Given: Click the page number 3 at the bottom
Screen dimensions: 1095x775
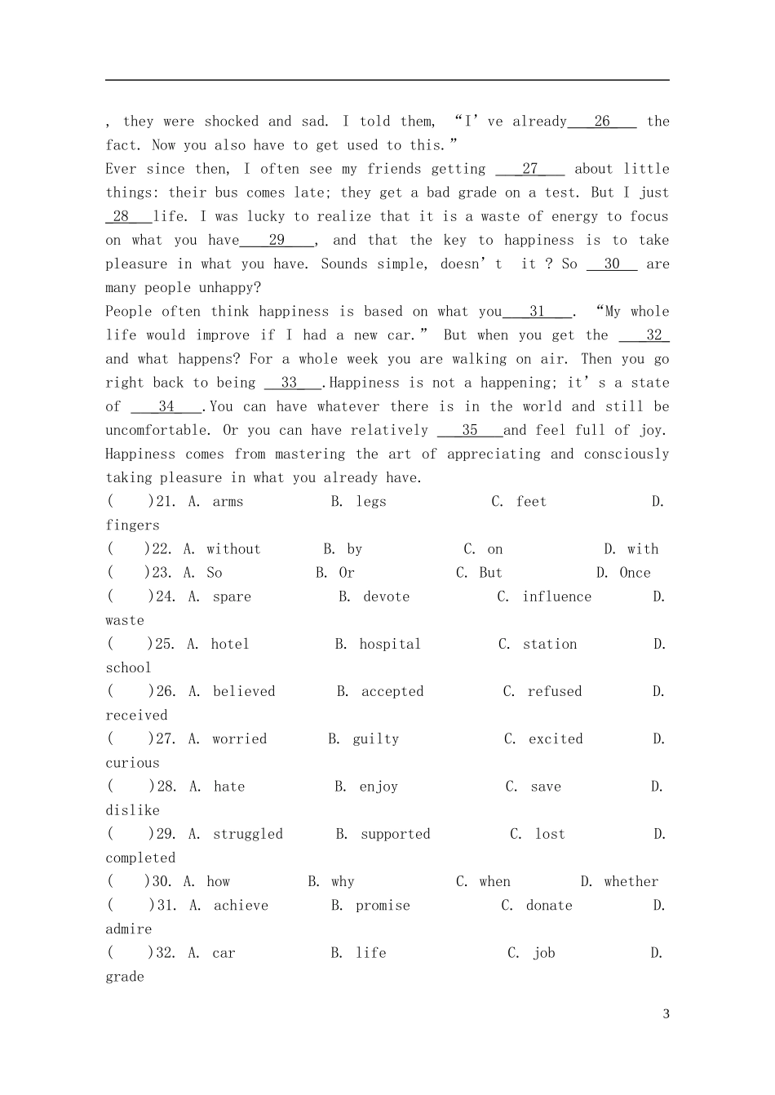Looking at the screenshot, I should [666, 1014].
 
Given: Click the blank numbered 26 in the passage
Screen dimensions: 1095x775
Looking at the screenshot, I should [602, 122].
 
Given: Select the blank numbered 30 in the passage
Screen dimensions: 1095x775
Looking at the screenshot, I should [612, 264].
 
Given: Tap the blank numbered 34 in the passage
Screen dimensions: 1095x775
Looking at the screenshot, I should [166, 406].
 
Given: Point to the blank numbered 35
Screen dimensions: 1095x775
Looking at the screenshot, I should [470, 430].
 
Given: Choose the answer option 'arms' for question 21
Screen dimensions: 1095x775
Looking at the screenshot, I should [228, 502].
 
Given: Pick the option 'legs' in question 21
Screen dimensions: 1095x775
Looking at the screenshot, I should [371, 502].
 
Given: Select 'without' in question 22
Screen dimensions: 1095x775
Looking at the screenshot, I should [233, 549].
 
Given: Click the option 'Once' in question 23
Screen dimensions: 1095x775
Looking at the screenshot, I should [635, 573].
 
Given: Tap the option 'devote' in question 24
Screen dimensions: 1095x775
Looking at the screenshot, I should [387, 596].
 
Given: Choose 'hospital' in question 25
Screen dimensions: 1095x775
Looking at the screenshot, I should [390, 644].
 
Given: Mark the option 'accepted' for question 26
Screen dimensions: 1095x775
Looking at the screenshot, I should [392, 691].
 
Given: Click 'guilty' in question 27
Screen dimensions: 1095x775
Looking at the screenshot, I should [376, 739].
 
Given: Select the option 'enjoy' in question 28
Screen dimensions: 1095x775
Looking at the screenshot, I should [379, 787].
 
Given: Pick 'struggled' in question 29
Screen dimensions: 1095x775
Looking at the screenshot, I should [248, 834].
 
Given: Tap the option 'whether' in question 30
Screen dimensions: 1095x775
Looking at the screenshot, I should [631, 881].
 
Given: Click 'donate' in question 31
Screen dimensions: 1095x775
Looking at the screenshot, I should [549, 906].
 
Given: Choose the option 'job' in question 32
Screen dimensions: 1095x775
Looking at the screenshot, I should [544, 953].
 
